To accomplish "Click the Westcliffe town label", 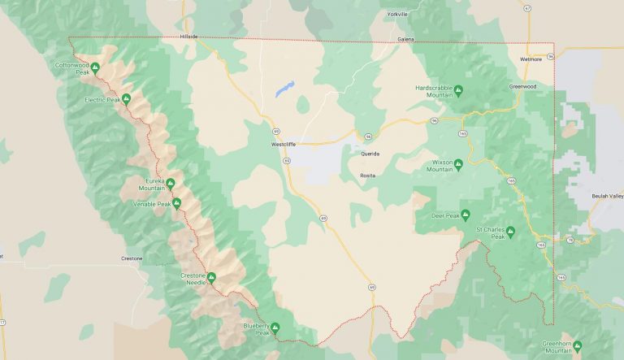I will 284,145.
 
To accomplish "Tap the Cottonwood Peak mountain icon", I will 95,67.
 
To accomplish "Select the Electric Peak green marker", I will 126,99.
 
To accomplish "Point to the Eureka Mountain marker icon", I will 170,182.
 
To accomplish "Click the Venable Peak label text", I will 152,204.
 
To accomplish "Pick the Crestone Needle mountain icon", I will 211,277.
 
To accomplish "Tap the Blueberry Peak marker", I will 275,327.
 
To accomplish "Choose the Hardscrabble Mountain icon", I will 457,89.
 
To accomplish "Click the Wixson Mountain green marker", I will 457,163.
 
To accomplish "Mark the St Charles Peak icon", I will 510,231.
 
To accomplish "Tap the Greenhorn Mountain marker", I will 577,345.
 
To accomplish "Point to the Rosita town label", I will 368,176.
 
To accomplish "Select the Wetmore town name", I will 531,59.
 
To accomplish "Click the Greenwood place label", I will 522,86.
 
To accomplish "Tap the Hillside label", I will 188,37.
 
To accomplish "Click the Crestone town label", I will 132,258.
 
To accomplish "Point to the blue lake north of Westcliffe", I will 284,89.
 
